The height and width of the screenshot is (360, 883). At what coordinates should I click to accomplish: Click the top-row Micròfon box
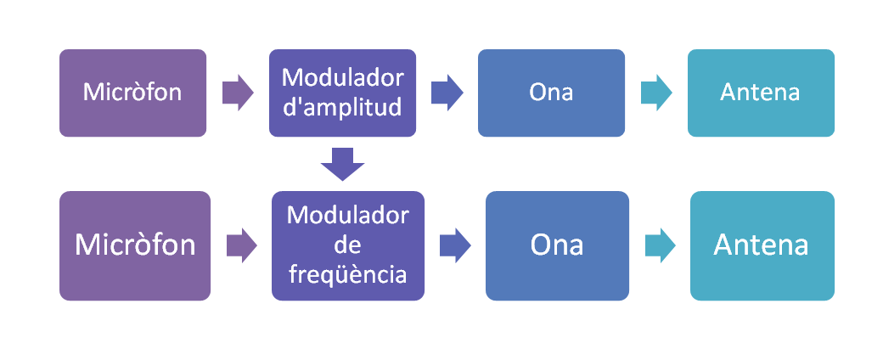[x=133, y=93]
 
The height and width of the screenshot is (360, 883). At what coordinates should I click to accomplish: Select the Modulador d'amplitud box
[x=342, y=93]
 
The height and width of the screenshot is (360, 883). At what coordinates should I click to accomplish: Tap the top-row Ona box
[x=551, y=93]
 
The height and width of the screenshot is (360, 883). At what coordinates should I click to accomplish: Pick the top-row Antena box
[x=761, y=93]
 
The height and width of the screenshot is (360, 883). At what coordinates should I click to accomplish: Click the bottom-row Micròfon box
[x=135, y=245]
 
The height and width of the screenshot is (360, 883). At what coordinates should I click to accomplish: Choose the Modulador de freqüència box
[x=348, y=245]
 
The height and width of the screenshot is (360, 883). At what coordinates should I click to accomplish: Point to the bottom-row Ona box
[x=557, y=245]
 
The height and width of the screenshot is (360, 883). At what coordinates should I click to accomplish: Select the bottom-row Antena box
[x=762, y=245]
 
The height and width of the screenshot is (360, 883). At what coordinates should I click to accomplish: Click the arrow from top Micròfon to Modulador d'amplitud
[x=238, y=93]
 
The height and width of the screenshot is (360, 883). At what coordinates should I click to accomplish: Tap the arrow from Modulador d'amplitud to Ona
[x=447, y=93]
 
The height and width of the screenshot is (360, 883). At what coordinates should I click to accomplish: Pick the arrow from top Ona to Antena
[x=656, y=93]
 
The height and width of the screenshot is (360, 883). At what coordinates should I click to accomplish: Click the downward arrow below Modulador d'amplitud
[x=342, y=164]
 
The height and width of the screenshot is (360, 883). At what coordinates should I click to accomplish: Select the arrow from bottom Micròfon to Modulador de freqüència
[x=242, y=245]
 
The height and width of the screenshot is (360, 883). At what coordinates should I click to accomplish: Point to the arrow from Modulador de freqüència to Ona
[x=455, y=245]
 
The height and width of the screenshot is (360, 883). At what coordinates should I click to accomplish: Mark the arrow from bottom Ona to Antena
[x=660, y=245]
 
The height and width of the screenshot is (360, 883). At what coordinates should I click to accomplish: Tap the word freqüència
[x=347, y=275]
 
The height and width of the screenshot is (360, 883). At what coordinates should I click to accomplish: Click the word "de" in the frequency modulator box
[x=347, y=245]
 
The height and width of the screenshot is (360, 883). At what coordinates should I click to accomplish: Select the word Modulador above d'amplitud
[x=342, y=78]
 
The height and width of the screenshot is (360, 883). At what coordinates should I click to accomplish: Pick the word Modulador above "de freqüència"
[x=347, y=215]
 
